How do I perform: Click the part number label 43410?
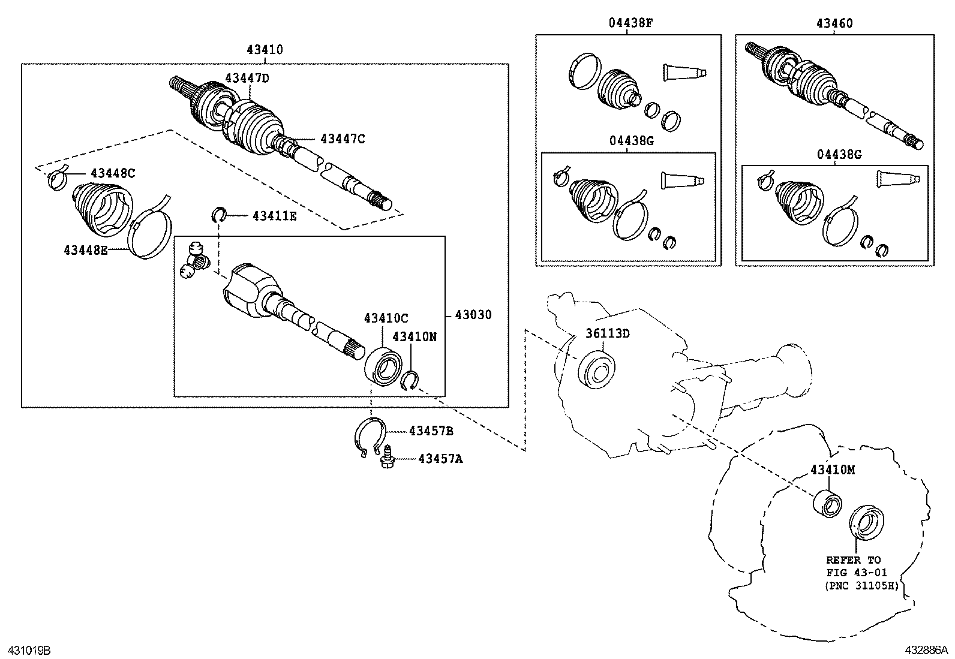click(x=264, y=50)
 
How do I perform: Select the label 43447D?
click(x=248, y=78)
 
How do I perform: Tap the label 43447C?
click(x=343, y=139)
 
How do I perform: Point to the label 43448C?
click(x=113, y=173)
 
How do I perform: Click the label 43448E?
click(x=86, y=249)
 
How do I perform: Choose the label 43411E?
click(x=274, y=216)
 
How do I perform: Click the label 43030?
click(x=473, y=315)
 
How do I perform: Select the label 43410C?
click(x=386, y=318)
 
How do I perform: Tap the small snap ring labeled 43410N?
click(x=411, y=380)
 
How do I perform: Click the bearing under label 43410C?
click(x=384, y=365)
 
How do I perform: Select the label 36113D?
click(x=608, y=333)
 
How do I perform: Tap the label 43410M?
click(x=833, y=470)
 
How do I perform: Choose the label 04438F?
click(x=630, y=23)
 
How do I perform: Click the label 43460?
click(x=834, y=23)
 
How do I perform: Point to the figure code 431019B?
click(x=29, y=650)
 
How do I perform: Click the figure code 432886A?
click(x=926, y=650)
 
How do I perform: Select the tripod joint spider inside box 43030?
click(x=195, y=260)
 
